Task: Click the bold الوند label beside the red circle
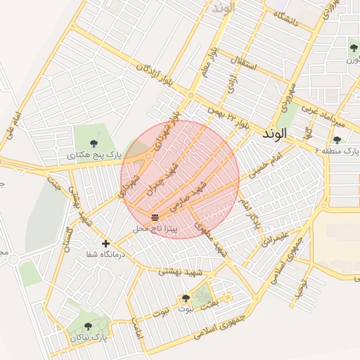point(273,134)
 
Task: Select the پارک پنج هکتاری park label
point(94,153)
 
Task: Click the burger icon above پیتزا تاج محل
point(154,216)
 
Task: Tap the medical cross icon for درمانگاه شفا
point(105,243)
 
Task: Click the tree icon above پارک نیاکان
point(87,326)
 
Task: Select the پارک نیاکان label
point(88,337)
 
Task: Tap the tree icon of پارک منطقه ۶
point(336,140)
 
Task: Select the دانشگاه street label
point(286,20)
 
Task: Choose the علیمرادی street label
point(276,237)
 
